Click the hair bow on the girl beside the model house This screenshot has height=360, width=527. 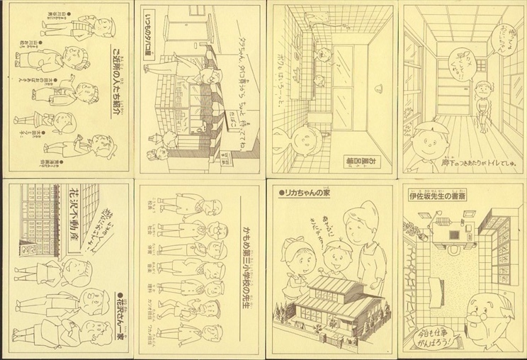(290, 242)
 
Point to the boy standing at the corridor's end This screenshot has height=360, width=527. (483, 106)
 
